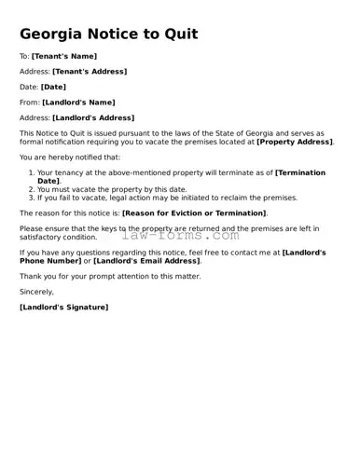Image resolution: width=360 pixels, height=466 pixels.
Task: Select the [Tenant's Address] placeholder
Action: (90, 71)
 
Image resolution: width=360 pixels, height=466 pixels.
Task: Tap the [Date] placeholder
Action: (53, 87)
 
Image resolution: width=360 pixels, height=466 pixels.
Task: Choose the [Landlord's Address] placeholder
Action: (93, 117)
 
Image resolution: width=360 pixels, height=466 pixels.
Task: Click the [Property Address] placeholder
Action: (294, 142)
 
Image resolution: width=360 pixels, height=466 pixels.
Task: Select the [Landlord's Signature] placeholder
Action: (63, 307)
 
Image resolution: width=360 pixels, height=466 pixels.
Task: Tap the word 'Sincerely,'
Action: (36, 292)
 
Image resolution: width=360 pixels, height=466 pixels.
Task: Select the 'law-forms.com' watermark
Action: (180, 235)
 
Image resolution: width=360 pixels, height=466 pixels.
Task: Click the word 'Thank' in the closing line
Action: (30, 276)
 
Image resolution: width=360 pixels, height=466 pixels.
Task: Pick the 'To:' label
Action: (24, 56)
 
